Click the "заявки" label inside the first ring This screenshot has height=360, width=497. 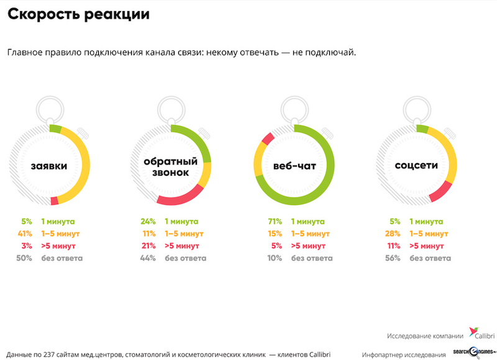click(x=49, y=166)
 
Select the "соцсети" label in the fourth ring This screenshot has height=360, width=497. click(x=416, y=166)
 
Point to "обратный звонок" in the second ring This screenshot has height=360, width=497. click(x=171, y=166)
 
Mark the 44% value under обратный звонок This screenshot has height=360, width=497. click(x=147, y=258)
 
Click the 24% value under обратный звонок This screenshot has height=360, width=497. click(x=147, y=221)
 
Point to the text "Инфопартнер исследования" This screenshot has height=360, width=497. click(x=404, y=354)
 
